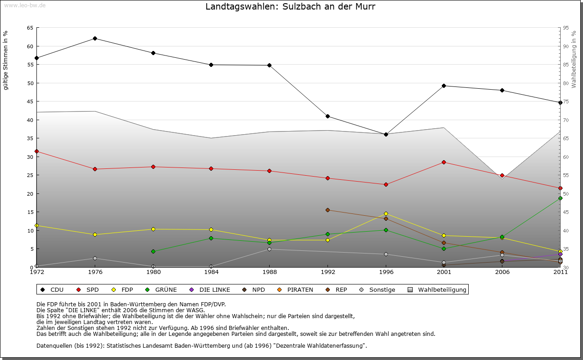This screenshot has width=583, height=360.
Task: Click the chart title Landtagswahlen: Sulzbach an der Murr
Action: coord(290,7)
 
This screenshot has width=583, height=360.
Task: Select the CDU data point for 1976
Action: coord(95,38)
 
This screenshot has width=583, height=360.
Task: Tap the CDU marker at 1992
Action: coord(327,116)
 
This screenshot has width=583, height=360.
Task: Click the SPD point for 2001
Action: coord(444,162)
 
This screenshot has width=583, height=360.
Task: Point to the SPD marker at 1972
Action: coord(36,151)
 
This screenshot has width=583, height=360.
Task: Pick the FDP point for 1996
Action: coord(386,213)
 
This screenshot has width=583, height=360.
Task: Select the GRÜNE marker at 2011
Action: coord(560,198)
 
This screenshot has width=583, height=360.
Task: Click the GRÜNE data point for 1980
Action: coord(153,251)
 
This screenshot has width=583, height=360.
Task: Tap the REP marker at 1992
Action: coord(327,210)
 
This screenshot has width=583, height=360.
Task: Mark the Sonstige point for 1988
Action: coord(270,249)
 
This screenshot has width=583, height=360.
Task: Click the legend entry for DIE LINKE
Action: coord(215,289)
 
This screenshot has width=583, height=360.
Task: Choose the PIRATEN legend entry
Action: coord(300,289)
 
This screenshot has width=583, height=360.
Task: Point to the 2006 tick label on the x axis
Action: coord(502,273)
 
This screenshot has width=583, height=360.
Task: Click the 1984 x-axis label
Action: coord(211,273)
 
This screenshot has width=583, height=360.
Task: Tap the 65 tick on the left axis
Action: coord(30,28)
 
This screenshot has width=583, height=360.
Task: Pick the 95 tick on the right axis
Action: coord(566,28)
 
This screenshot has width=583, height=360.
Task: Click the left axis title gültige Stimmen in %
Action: coord(6,60)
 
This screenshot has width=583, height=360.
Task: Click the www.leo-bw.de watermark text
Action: coord(25,5)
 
